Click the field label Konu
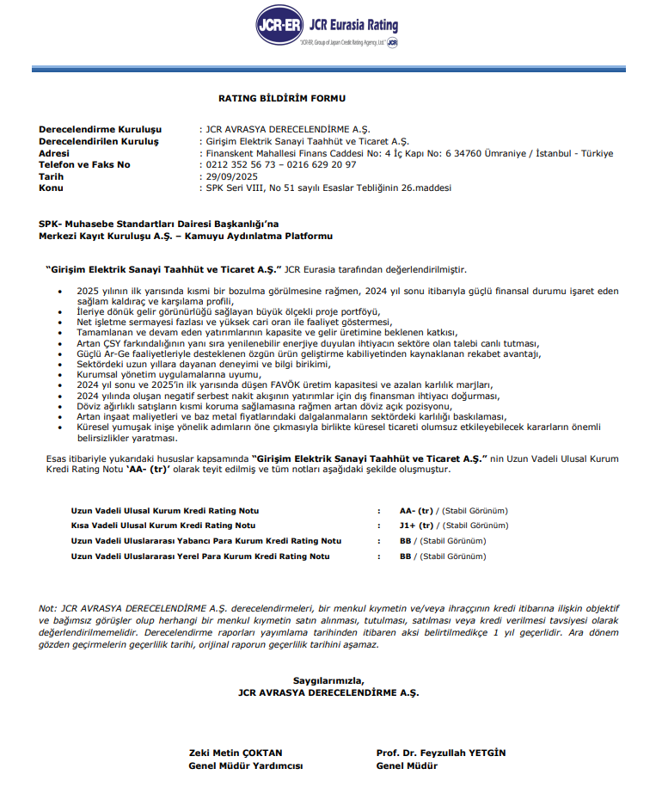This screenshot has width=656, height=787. (x=51, y=187)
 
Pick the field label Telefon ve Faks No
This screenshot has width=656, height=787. (x=84, y=164)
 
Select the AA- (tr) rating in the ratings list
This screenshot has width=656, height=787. (x=417, y=510)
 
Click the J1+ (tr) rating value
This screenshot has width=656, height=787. (x=417, y=525)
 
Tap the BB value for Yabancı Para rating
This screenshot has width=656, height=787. (x=406, y=541)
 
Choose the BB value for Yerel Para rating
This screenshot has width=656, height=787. (x=406, y=556)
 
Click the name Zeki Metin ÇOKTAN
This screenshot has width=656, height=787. (x=236, y=753)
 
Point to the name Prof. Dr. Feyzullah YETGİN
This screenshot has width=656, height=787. (x=441, y=753)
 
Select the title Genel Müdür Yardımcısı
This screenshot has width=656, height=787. (x=246, y=765)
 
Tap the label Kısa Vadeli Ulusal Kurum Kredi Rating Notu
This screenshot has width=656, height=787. (x=163, y=525)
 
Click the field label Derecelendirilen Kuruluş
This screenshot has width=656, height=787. (x=99, y=141)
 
